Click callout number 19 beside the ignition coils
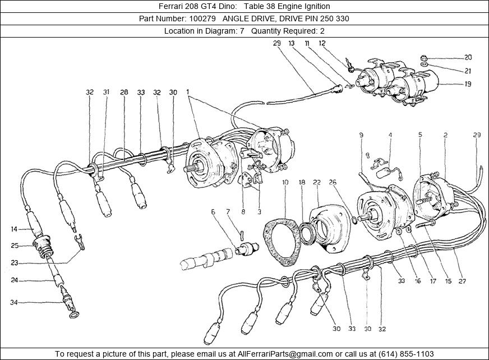click(467, 84)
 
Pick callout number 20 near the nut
click(468, 57)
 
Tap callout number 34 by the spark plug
click(13, 303)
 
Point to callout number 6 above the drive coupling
click(213, 212)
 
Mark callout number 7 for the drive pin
click(228, 212)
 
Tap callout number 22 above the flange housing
click(317, 183)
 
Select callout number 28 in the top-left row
click(124, 92)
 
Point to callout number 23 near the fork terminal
click(13, 262)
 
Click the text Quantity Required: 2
click(288, 31)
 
